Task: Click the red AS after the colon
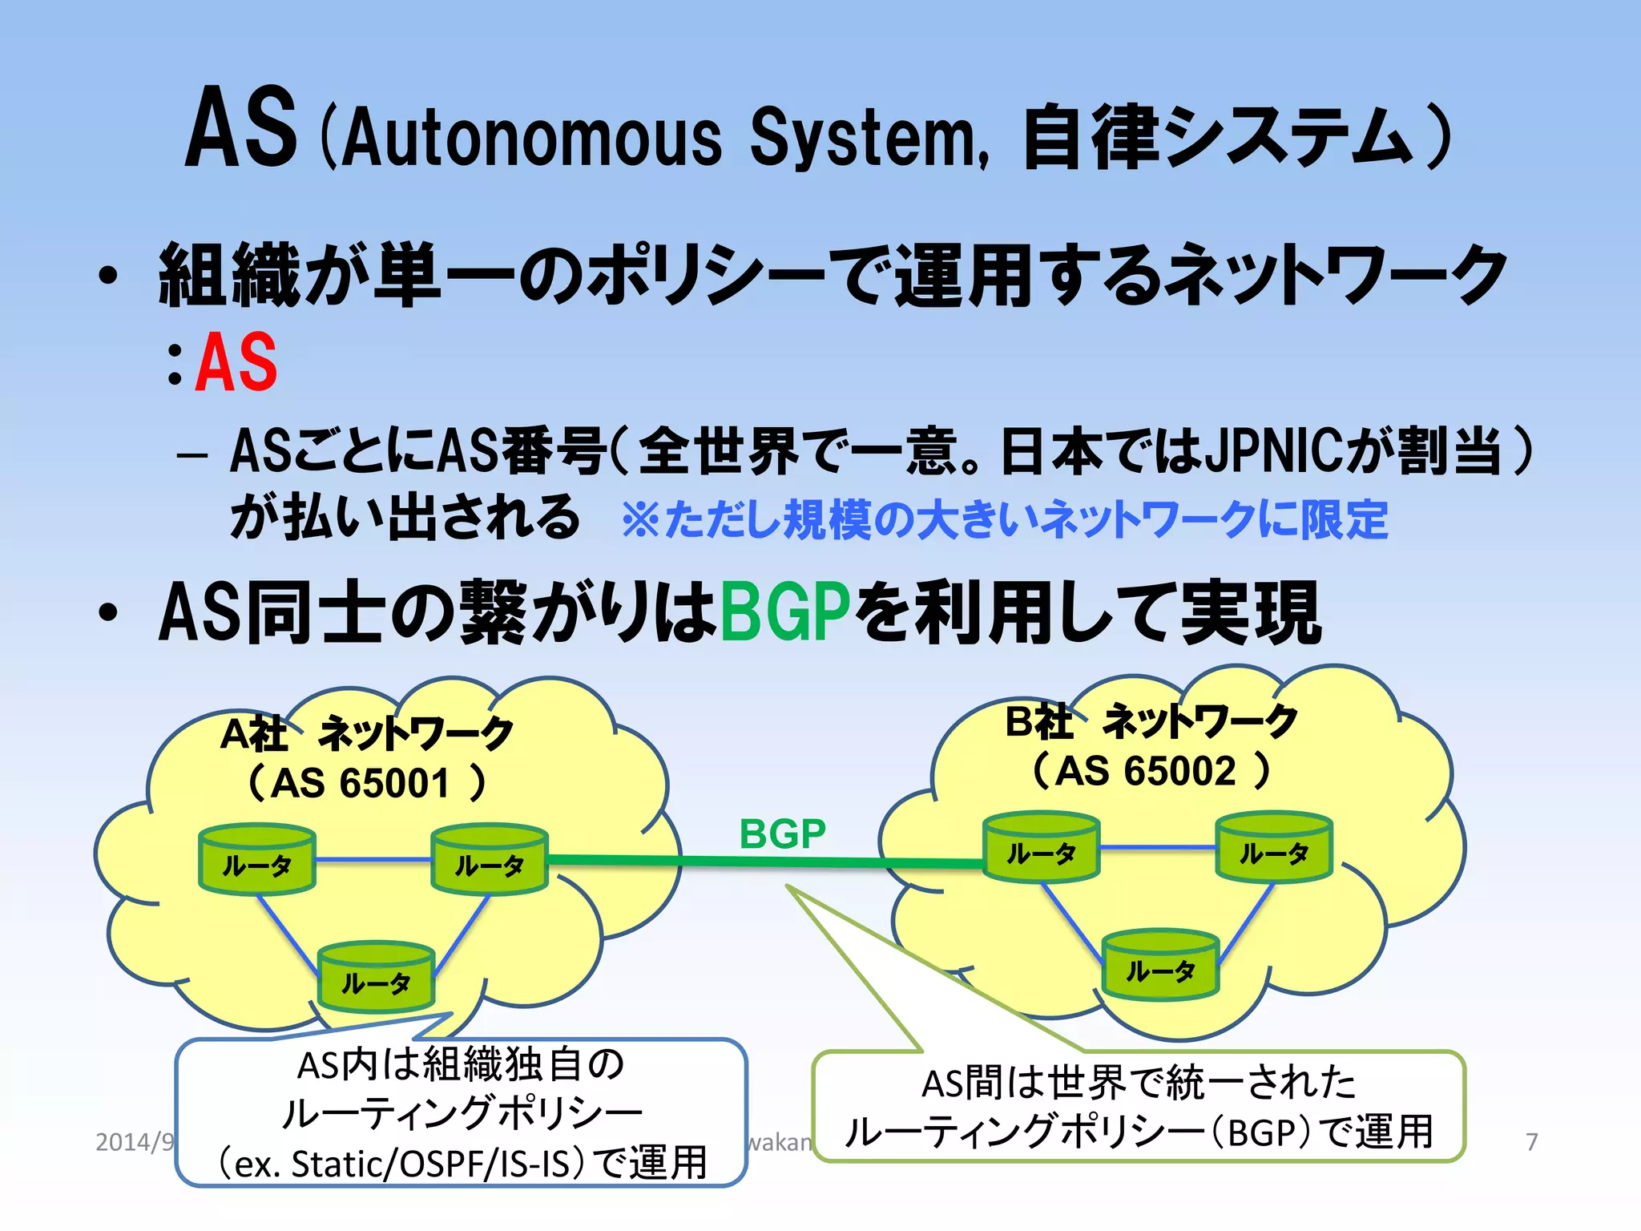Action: click(237, 362)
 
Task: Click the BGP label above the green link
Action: click(782, 834)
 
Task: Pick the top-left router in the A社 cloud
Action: click(256, 860)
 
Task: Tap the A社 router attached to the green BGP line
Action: click(489, 860)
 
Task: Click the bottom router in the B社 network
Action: click(1160, 967)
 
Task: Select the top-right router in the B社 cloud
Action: click(1273, 848)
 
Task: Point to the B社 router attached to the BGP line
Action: click(1041, 848)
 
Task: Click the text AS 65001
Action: click(361, 783)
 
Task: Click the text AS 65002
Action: click(1146, 771)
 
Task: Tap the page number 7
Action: click(1531, 1141)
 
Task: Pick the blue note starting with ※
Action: click(1003, 519)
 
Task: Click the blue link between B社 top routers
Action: click(1157, 846)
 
